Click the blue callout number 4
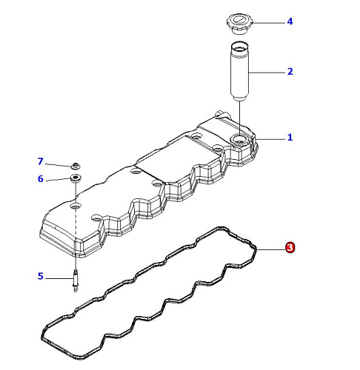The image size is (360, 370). (x=290, y=21)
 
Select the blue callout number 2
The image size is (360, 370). (x=290, y=71)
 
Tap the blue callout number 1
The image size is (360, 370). (x=290, y=137)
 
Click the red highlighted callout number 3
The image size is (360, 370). (x=290, y=247)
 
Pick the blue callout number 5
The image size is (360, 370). (x=41, y=276)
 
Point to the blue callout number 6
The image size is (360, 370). (x=41, y=179)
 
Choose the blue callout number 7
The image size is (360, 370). (x=41, y=161)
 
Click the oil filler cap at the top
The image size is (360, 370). (x=240, y=24)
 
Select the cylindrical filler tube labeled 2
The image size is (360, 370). (x=240, y=72)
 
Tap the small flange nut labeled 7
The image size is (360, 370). (x=76, y=166)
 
